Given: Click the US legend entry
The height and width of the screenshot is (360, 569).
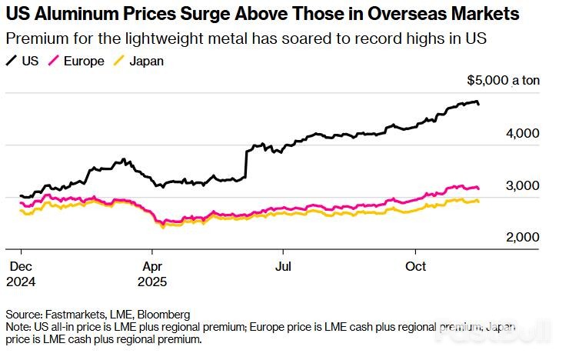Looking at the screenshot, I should tap(24, 61).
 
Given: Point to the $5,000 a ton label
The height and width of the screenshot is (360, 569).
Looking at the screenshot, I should tap(504, 81).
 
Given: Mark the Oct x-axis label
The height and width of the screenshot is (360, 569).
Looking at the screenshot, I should tap(416, 265).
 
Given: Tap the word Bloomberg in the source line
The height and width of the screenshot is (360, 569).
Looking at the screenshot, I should tap(164, 315).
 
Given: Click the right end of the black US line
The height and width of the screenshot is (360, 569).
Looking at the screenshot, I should tap(480, 104).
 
